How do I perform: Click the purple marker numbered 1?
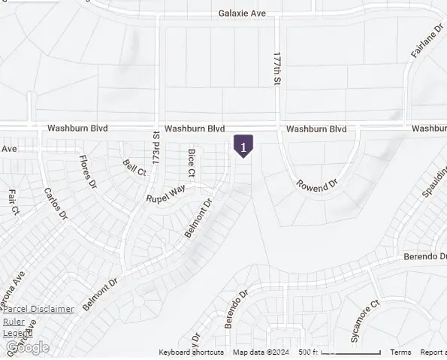click(243, 145)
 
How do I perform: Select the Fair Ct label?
click(13, 201)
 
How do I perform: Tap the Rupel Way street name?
click(165, 194)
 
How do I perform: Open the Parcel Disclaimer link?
click(38, 309)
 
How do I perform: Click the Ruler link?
click(14, 322)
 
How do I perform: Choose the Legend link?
click(14, 333)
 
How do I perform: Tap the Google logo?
click(28, 347)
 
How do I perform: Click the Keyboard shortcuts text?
click(191, 352)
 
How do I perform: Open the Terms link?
click(400, 352)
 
